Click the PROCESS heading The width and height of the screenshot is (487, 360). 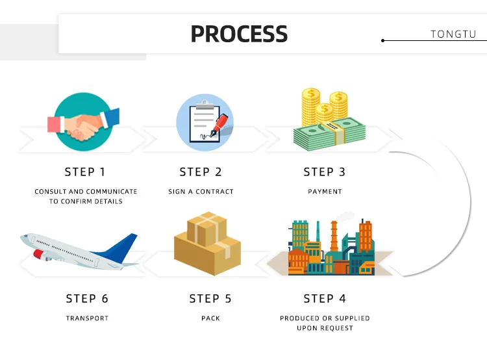tap(239, 33)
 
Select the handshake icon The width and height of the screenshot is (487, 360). tap(84, 122)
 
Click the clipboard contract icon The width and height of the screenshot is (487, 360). tap(204, 122)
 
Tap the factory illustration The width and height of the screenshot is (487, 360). tap(331, 247)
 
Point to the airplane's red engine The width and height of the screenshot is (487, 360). tap(40, 253)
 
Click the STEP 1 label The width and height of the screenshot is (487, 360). tap(84, 172)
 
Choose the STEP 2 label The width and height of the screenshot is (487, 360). tap(201, 172)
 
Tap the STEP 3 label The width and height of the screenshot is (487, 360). tap(325, 172)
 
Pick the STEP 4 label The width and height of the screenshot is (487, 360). tap(325, 299)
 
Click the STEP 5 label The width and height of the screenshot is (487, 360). tap(210, 299)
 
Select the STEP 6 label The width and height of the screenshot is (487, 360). tap(87, 299)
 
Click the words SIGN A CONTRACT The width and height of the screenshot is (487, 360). tap(201, 192)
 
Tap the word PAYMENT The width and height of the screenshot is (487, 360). tap(325, 192)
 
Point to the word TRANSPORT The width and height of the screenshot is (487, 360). tap(87, 318)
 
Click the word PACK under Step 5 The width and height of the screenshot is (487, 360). tap(210, 318)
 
